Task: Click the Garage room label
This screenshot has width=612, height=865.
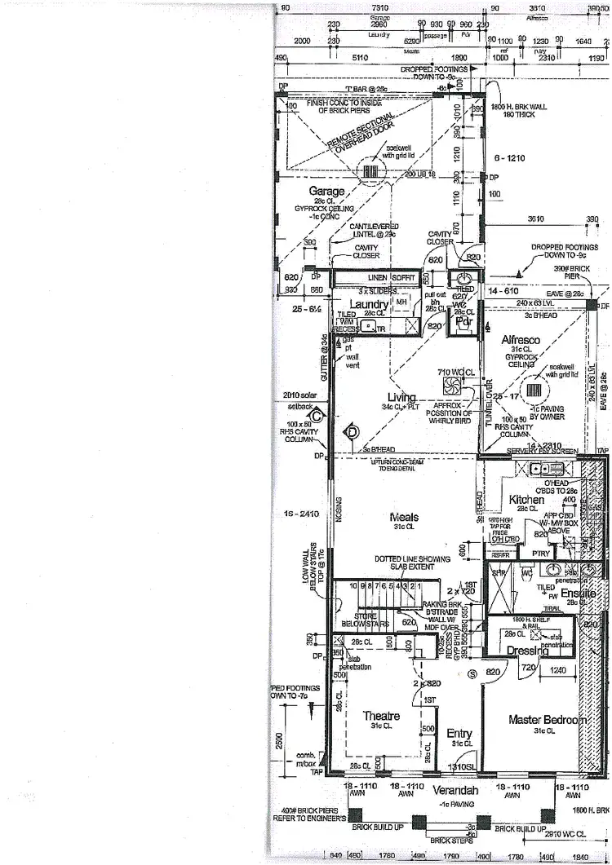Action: [326, 192]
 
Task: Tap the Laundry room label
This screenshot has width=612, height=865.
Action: [369, 304]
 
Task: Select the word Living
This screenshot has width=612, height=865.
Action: [401, 397]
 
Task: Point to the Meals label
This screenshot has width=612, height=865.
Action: [404, 517]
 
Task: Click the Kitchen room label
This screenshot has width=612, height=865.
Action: [526, 499]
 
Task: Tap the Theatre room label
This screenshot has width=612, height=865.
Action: [380, 716]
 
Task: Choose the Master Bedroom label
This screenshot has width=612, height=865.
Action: [547, 720]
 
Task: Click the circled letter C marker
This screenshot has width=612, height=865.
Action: [317, 415]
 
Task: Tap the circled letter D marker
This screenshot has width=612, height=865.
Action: [353, 430]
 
